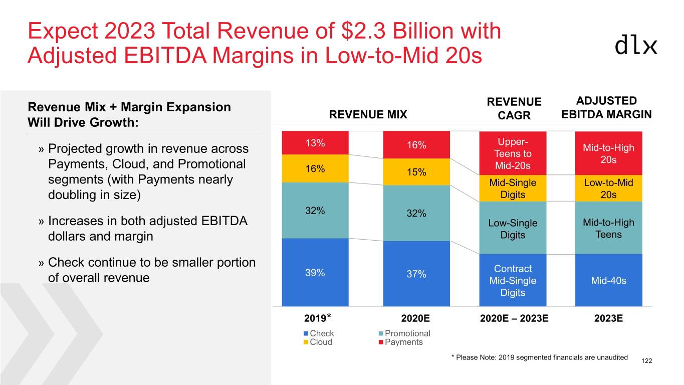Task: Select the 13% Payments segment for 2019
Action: pyautogui.click(x=315, y=143)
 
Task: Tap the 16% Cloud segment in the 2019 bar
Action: pyautogui.click(x=315, y=168)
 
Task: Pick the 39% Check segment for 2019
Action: pyautogui.click(x=315, y=273)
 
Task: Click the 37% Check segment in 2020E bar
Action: pyautogui.click(x=416, y=274)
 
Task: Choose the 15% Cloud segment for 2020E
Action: pyautogui.click(x=416, y=172)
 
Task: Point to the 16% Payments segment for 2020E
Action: pyautogui.click(x=416, y=145)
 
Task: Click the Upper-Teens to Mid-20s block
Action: pyautogui.click(x=513, y=153)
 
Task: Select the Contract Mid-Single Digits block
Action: pyautogui.click(x=513, y=280)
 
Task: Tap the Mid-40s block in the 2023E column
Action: pyautogui.click(x=608, y=280)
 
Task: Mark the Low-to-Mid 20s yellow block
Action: pyautogui.click(x=608, y=188)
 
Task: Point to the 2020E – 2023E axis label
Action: pyautogui.click(x=514, y=318)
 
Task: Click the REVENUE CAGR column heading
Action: pyautogui.click(x=514, y=109)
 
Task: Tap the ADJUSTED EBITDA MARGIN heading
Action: pyautogui.click(x=606, y=107)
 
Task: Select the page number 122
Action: pyautogui.click(x=646, y=361)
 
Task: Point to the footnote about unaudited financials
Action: pyautogui.click(x=539, y=357)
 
